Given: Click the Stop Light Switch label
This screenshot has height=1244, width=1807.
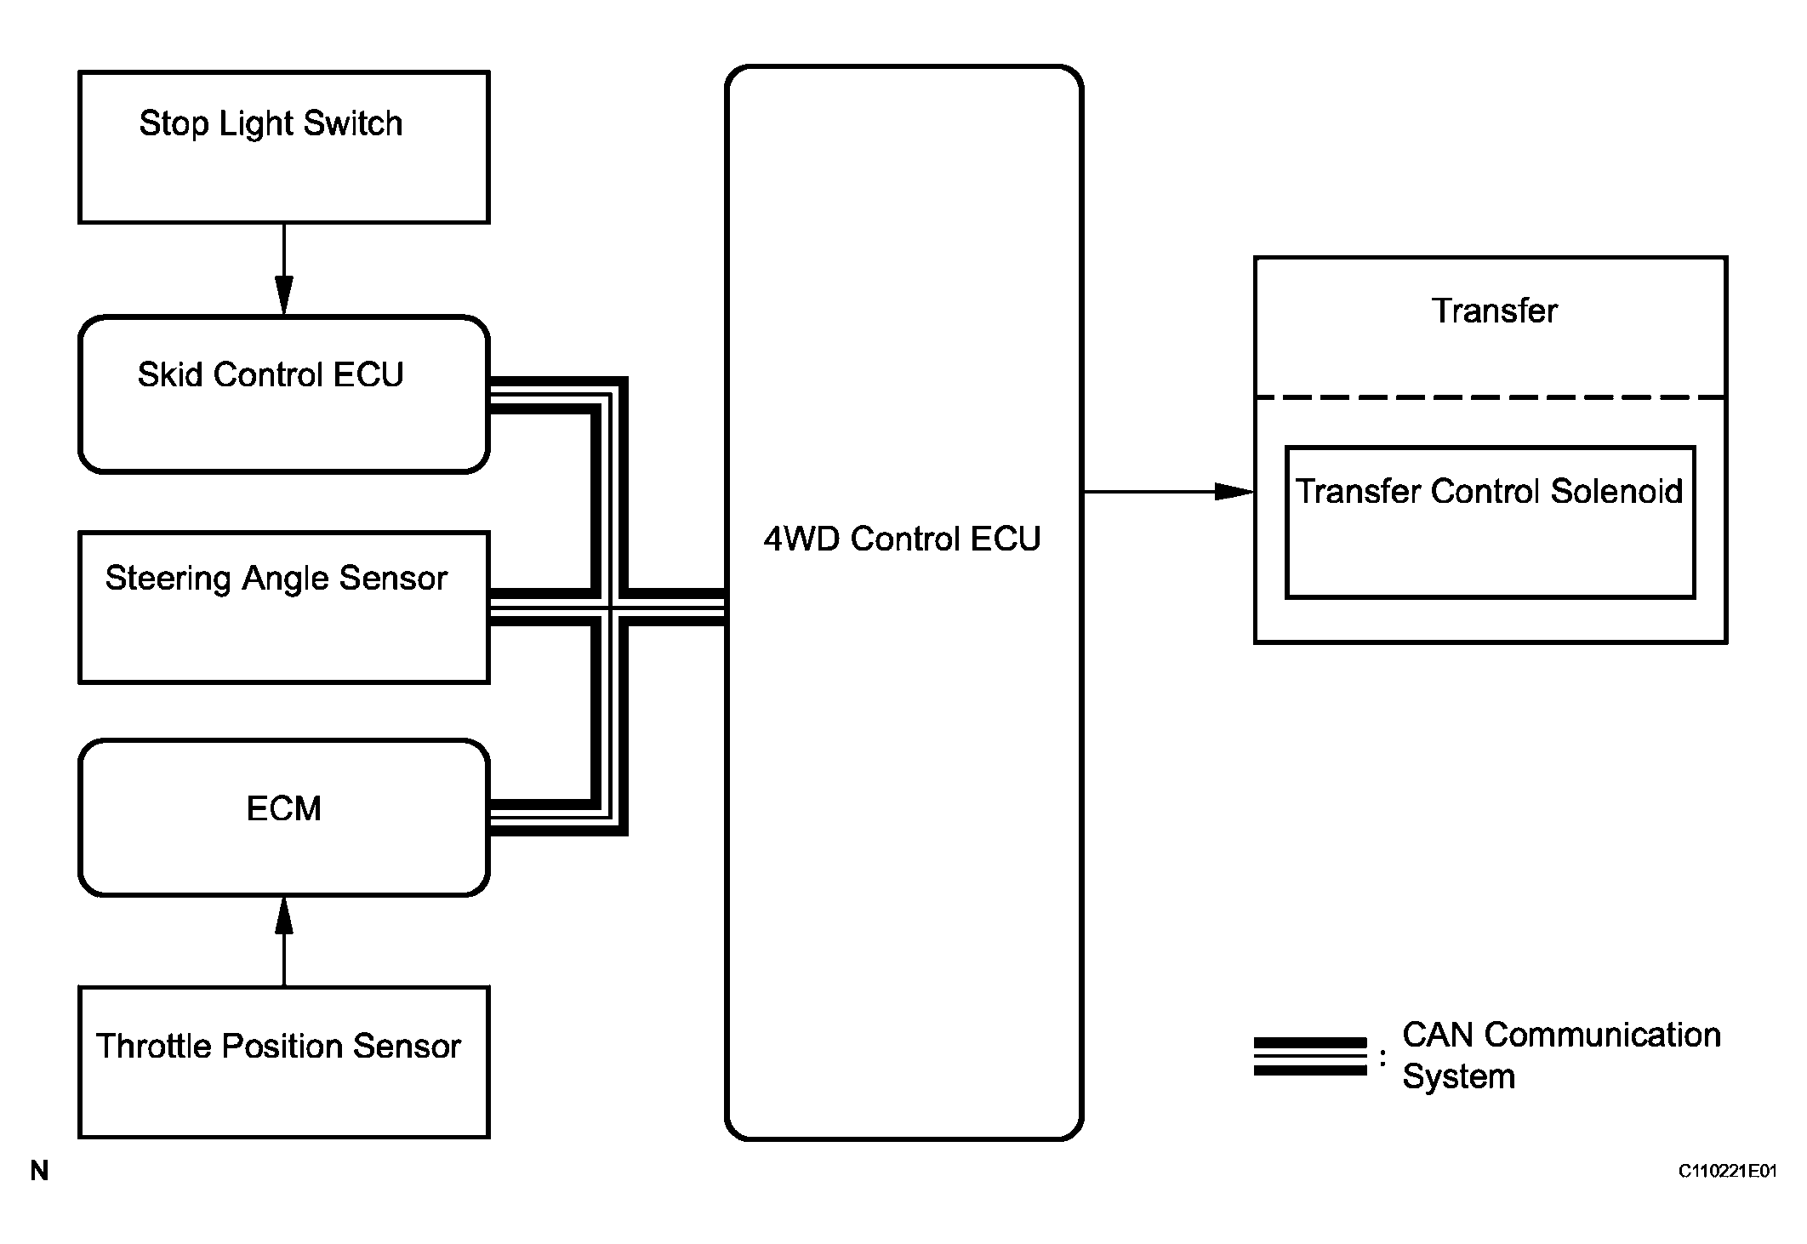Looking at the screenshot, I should (x=271, y=124).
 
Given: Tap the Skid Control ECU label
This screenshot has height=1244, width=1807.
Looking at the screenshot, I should (x=271, y=375).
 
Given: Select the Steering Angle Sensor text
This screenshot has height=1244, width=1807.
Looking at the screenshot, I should (x=276, y=579).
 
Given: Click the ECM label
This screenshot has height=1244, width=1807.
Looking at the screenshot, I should (x=283, y=808).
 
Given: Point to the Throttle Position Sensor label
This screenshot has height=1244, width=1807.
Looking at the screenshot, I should (x=278, y=1047).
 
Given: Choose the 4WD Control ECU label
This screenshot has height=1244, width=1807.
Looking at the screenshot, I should (x=902, y=539).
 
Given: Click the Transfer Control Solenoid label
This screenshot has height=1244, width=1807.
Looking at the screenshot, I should (x=1489, y=492).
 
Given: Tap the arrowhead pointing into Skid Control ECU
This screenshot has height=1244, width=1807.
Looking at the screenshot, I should (x=284, y=296).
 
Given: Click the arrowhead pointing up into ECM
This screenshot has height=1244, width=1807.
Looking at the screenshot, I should (x=284, y=916).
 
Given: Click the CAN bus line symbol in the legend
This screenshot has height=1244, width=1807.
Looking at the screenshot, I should (x=1310, y=1057).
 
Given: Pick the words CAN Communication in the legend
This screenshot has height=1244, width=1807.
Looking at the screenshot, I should (x=1561, y=1036).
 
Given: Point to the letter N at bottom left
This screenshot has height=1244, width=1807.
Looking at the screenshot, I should (x=39, y=1172).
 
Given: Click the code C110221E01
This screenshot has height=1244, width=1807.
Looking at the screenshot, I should (x=1727, y=1172).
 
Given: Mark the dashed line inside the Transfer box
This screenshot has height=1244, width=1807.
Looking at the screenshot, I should (x=1491, y=397).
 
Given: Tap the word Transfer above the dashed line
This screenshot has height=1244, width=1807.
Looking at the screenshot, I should (x=1494, y=311).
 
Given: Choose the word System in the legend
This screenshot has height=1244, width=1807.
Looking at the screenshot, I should (x=1458, y=1077).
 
